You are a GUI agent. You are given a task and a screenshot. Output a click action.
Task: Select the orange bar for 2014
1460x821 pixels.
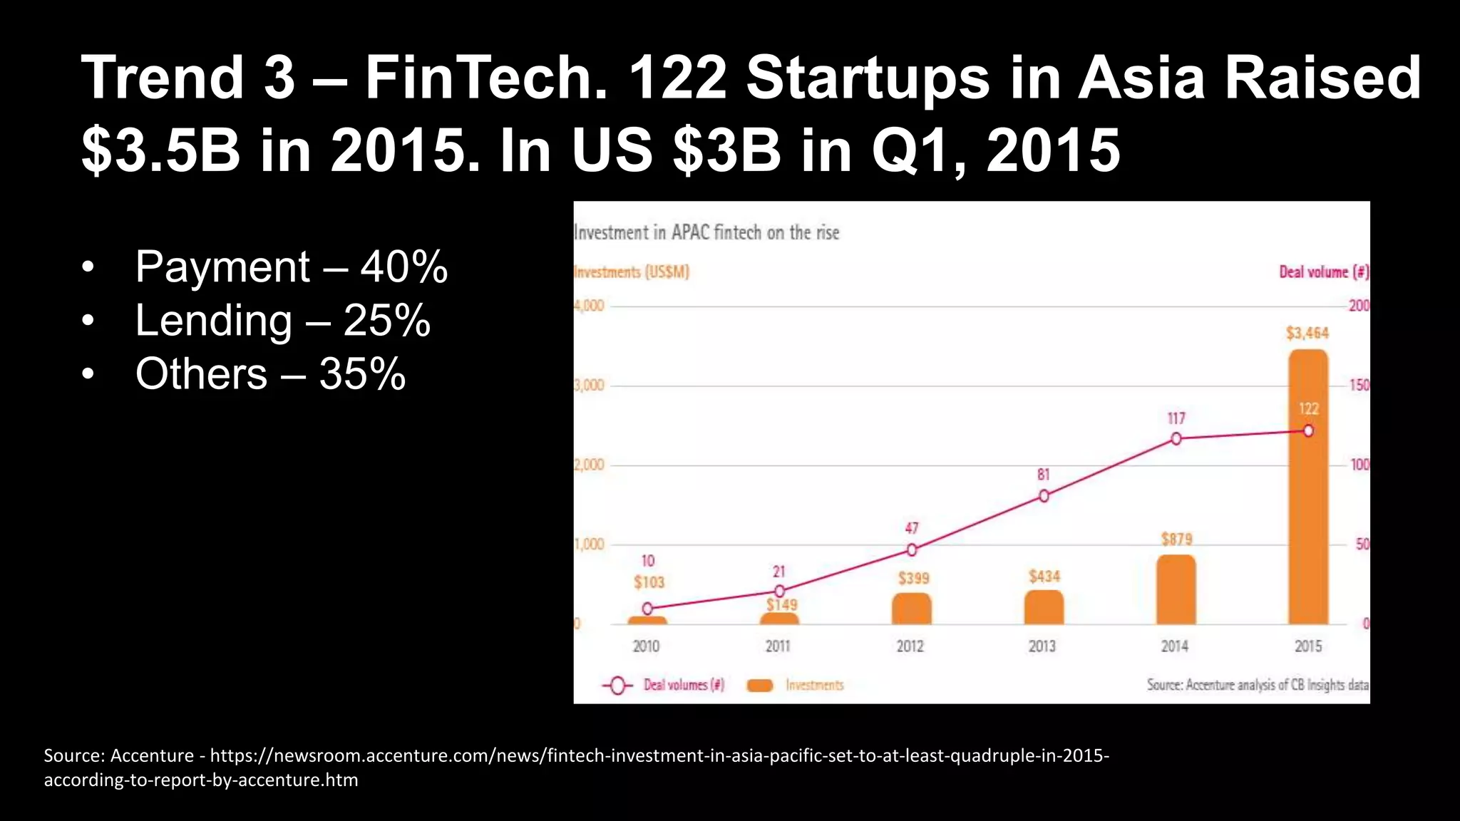click(x=1176, y=590)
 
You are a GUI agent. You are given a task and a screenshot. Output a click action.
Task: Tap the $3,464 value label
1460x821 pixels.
click(x=1307, y=333)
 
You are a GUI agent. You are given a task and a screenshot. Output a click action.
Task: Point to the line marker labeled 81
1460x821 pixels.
click(x=1044, y=496)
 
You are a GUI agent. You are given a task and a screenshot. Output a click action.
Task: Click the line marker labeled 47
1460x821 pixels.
click(x=912, y=549)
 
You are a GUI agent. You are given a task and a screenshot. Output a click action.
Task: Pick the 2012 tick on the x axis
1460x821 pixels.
click(x=910, y=646)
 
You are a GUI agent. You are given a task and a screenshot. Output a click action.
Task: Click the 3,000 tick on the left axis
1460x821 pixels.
click(x=589, y=386)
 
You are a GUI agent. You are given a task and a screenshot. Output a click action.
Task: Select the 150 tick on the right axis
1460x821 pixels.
click(x=1359, y=386)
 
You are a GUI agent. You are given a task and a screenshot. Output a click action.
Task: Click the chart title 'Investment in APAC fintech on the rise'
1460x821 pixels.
click(x=706, y=232)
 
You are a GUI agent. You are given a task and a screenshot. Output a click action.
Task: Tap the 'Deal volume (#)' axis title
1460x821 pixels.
click(x=1323, y=272)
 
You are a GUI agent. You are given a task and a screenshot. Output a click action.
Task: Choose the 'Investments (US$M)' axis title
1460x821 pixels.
click(x=632, y=272)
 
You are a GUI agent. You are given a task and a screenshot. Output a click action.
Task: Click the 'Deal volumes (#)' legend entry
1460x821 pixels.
click(x=683, y=685)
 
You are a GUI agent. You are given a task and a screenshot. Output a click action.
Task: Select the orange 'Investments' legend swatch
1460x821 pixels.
click(x=759, y=686)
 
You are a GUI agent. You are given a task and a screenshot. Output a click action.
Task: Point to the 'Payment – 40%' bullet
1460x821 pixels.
click(x=291, y=267)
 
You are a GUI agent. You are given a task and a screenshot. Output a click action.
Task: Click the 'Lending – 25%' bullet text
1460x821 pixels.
click(x=282, y=321)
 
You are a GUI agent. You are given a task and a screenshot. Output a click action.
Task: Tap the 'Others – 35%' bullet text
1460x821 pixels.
click(x=270, y=374)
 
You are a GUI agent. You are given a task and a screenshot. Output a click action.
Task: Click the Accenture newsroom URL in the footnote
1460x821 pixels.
click(x=659, y=755)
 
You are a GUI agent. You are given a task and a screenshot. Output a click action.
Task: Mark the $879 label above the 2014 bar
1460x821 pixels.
click(x=1176, y=539)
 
